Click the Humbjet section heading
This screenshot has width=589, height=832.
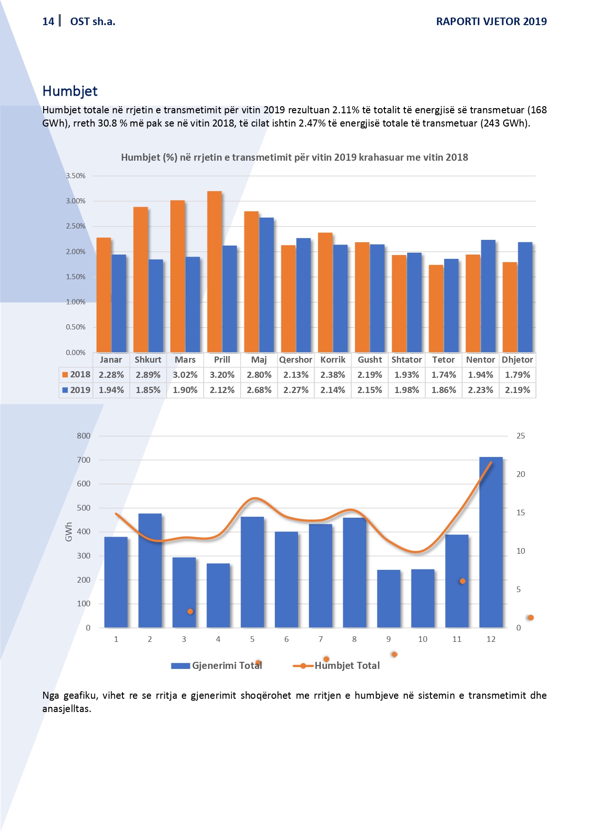(70, 91)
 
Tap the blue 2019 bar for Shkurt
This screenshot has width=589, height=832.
(156, 306)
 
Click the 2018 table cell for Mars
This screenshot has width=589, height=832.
(185, 375)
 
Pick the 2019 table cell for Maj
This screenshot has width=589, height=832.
(259, 390)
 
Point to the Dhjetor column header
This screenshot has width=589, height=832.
(517, 360)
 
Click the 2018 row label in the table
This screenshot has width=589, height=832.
(76, 375)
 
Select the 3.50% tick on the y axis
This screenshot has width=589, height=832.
(76, 176)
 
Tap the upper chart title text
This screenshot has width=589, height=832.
(294, 157)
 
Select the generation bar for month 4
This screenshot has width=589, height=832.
(218, 595)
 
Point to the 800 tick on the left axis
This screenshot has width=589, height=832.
(84, 436)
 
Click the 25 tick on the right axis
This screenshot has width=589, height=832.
(521, 436)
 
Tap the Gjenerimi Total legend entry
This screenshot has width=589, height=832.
(217, 666)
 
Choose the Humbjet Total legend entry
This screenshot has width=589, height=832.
(337, 666)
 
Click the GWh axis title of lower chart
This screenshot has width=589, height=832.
(69, 532)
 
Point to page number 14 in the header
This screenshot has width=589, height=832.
(48, 21)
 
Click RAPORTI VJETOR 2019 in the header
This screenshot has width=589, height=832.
(491, 21)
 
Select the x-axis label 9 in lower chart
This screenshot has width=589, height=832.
(389, 639)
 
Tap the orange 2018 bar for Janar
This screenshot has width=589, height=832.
(103, 295)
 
